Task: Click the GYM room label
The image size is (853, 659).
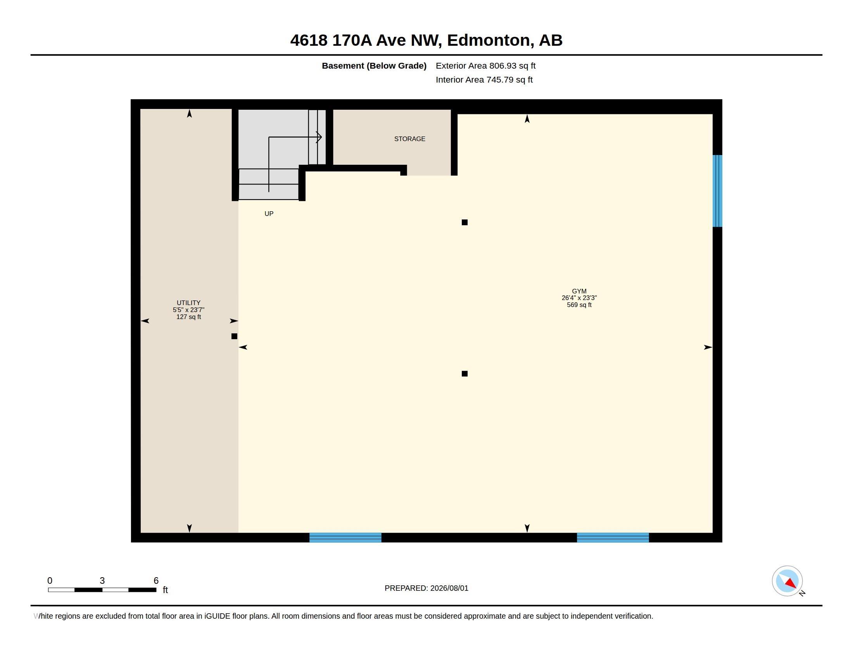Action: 579,291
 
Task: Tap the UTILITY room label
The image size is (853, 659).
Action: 188,303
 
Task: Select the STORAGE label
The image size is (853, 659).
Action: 410,139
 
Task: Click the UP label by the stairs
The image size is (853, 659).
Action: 269,214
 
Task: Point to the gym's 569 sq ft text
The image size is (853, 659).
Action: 579,305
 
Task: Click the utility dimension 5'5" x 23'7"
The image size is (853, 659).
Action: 189,310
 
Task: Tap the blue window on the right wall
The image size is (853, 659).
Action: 717,191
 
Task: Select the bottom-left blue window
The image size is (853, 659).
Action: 345,538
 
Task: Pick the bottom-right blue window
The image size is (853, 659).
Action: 613,538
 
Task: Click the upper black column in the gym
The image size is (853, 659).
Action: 464,223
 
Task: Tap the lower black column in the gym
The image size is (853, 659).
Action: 464,374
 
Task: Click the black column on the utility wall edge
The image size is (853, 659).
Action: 234,336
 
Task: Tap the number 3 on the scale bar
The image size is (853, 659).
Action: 102,581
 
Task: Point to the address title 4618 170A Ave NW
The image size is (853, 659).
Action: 366,40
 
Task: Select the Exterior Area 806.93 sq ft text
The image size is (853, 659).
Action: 485,66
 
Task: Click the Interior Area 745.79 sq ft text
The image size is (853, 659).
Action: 484,80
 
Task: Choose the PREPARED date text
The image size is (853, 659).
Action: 427,588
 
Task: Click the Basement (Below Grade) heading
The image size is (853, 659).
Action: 374,66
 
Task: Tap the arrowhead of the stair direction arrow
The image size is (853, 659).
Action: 319,137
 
